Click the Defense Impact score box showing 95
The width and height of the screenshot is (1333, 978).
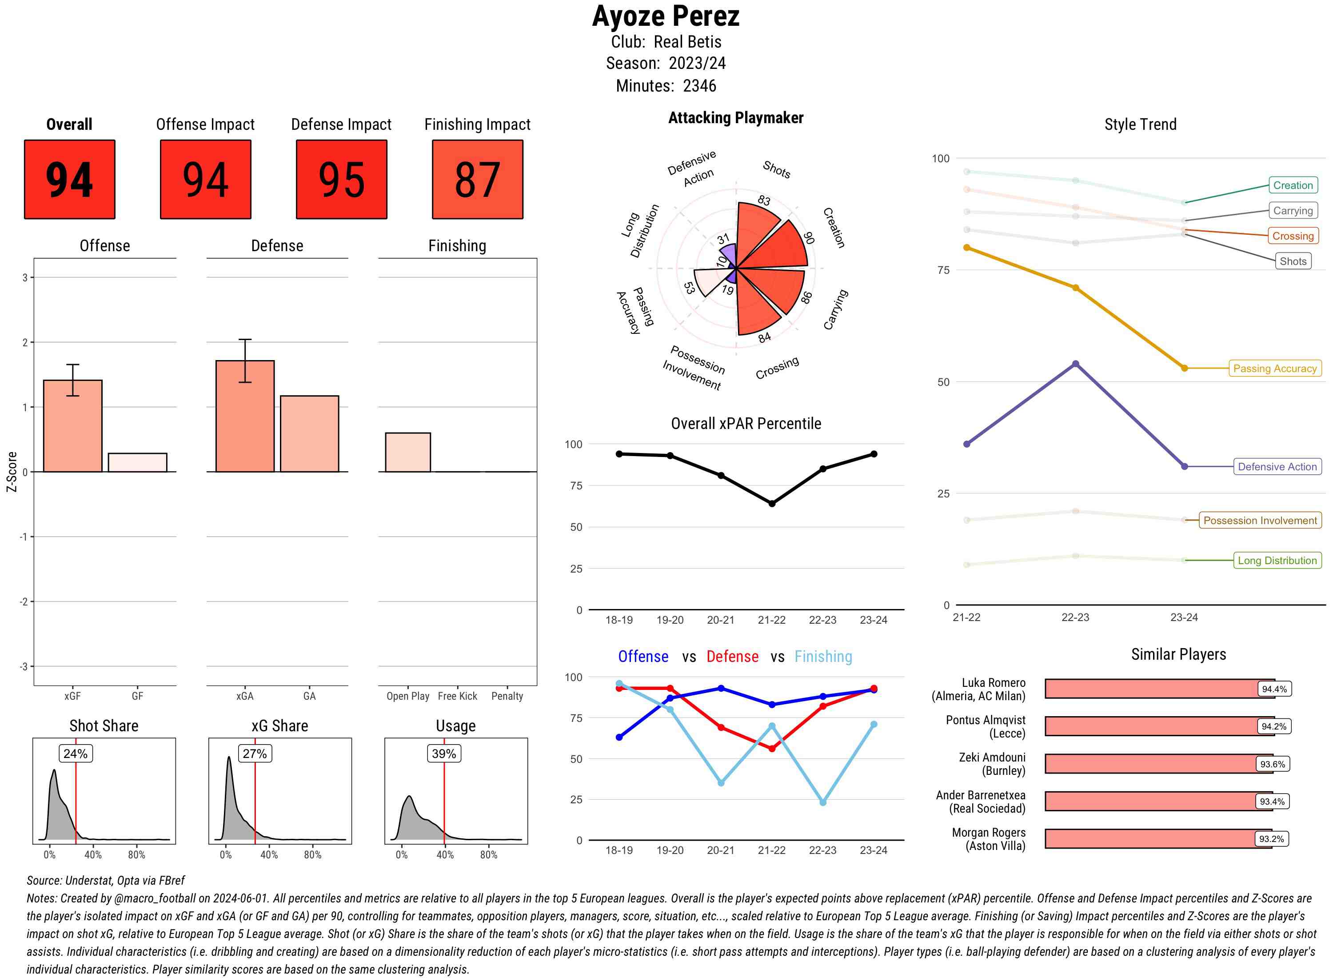tap(341, 180)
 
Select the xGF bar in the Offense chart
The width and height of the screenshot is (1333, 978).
tap(73, 426)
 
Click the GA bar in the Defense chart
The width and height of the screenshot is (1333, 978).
tap(309, 433)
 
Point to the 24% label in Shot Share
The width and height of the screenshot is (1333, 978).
tap(75, 754)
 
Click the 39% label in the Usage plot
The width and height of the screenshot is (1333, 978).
tap(444, 754)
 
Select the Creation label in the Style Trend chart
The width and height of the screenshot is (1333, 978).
tap(1292, 185)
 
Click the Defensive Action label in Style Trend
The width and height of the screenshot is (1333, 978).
tap(1277, 466)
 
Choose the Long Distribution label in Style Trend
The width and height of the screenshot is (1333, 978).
tap(1277, 560)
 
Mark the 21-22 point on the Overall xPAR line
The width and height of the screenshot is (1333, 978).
tap(771, 503)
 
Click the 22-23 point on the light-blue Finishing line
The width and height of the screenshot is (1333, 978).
tap(822, 802)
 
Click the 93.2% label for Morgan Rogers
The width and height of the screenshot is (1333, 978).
tap(1271, 839)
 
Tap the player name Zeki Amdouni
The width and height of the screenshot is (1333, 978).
tap(992, 757)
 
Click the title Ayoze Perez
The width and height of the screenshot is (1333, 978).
tap(666, 16)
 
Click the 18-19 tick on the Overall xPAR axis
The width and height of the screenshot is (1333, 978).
tap(619, 620)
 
